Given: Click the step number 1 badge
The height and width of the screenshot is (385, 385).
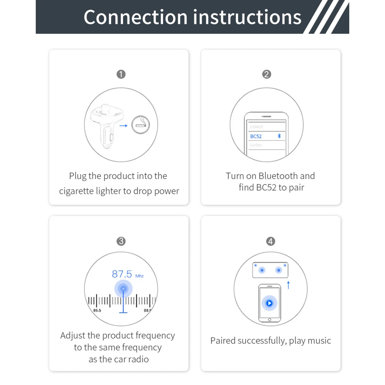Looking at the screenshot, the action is coord(121,74).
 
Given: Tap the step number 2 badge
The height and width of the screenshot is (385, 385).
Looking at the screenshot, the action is coord(267,74).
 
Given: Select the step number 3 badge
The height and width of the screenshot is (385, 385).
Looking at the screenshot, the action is coord(121,241).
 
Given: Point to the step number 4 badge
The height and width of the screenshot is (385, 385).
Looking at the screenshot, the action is coord(271,241).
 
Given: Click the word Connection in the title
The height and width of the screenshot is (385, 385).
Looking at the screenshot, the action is coord(136,17).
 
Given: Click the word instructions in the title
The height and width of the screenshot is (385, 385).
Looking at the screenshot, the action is coord(247,17).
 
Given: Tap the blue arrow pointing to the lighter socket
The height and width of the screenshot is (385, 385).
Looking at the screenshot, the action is coord(123,125).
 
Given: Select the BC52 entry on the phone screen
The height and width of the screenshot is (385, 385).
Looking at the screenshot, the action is coord(256,136).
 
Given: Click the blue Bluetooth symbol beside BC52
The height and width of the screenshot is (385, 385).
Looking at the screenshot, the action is coord(279,136).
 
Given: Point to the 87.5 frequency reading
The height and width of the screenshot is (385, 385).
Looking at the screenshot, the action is coord(122,274).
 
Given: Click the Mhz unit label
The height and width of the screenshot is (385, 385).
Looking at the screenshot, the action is coord(139,276).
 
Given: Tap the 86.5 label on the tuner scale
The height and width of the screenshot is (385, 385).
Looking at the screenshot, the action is coord(97,310).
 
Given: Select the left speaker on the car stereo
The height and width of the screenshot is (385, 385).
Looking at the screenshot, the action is coord(262,270).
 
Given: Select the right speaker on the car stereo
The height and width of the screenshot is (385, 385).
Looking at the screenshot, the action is coord(278,270).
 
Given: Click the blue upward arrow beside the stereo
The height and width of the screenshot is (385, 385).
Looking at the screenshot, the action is coord(288,285).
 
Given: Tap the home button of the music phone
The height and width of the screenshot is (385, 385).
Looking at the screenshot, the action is coord(269,320).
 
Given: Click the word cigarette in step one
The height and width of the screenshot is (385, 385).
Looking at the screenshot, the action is coord(78,191).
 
